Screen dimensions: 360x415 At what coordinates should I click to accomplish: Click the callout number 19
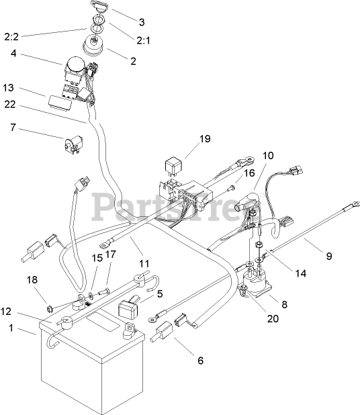[x=205, y=139]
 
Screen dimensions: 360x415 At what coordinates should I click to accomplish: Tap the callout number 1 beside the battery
[x=11, y=328]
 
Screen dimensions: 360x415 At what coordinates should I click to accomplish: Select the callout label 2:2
[x=11, y=36]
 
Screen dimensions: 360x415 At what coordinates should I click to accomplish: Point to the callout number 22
[x=10, y=104]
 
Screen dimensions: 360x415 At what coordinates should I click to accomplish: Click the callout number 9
[x=328, y=256]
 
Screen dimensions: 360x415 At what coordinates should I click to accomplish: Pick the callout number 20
[x=273, y=318]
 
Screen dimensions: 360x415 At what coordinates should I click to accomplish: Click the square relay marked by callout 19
[x=173, y=167]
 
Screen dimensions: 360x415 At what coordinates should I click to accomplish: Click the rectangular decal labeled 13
[x=60, y=101]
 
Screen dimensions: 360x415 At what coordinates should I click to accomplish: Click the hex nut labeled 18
[x=49, y=308]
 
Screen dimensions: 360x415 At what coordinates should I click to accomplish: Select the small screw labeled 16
[x=230, y=188]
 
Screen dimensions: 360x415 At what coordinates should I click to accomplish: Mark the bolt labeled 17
[x=105, y=292]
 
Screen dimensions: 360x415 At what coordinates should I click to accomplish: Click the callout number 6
[x=200, y=360]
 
